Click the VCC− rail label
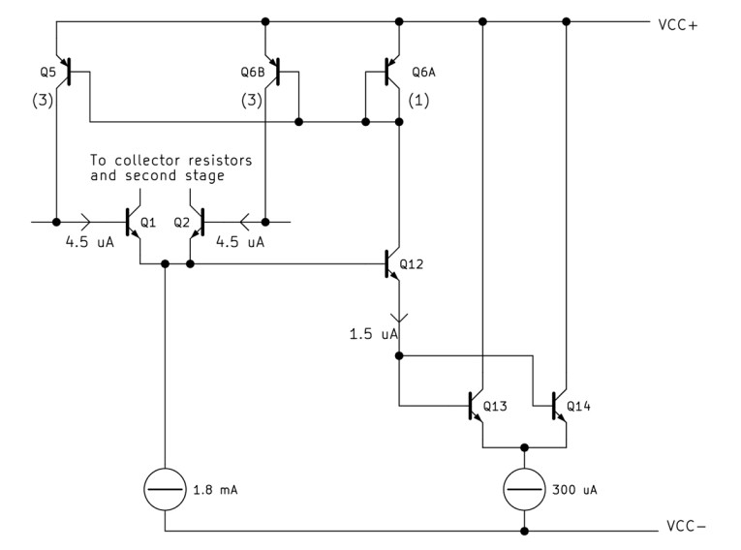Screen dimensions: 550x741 point(686,530)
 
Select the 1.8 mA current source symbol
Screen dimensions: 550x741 point(166,490)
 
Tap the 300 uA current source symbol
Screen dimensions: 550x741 point(525,490)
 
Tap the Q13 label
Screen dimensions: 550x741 point(494,405)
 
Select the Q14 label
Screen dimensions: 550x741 point(579,405)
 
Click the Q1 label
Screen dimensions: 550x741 point(148,222)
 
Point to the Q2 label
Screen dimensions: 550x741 point(181,222)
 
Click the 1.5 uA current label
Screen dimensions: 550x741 point(373,334)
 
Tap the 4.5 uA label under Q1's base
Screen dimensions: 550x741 point(90,243)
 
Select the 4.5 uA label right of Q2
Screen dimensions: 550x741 point(239,243)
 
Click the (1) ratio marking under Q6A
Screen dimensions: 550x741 point(420,100)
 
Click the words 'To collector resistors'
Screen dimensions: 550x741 point(170,160)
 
